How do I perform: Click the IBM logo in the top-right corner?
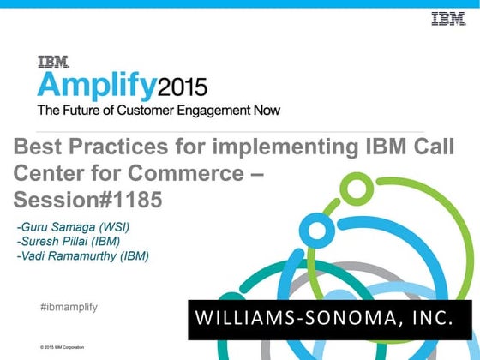tap(447, 18)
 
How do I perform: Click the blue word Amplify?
tap(94, 87)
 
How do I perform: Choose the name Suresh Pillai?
tap(59, 241)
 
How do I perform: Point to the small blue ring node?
tap(316, 229)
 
